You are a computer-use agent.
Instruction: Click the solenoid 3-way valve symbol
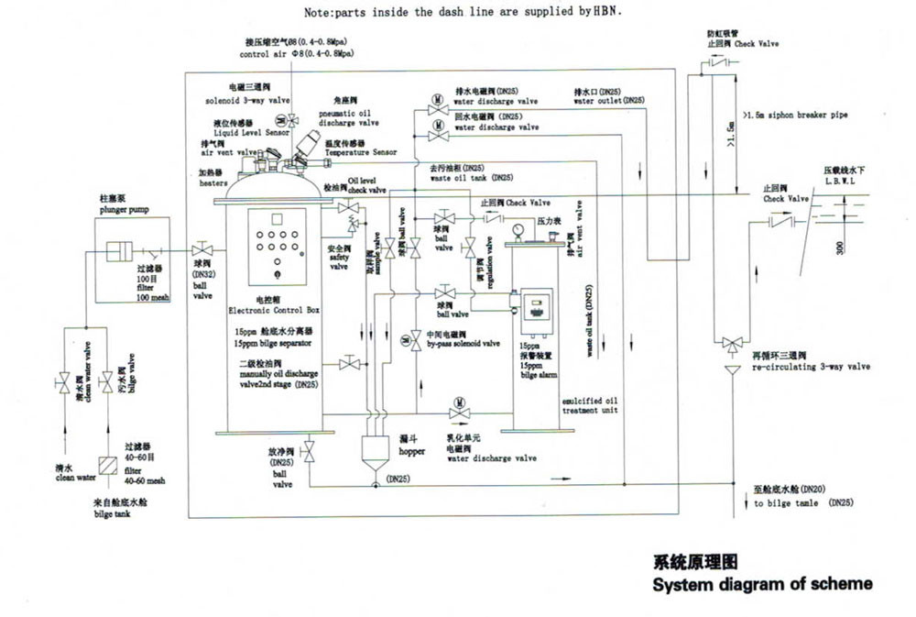coord(291,120)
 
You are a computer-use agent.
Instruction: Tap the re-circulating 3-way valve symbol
coord(731,344)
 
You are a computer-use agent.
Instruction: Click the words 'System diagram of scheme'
coord(761,583)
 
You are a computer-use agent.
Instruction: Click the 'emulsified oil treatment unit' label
coord(591,405)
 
